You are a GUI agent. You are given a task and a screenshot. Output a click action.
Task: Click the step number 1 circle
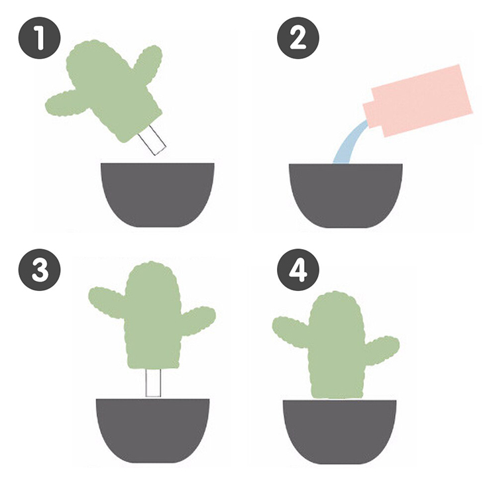(x=39, y=38)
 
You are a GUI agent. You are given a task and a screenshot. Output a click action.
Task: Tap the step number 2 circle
(x=298, y=38)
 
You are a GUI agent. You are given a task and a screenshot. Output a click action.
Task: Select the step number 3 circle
(x=39, y=270)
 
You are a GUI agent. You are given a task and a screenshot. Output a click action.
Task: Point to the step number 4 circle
(x=298, y=270)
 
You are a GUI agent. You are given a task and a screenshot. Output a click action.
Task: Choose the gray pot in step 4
(x=339, y=431)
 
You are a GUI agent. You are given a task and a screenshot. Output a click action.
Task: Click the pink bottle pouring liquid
(x=418, y=101)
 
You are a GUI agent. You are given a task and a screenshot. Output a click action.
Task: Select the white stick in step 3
(x=153, y=382)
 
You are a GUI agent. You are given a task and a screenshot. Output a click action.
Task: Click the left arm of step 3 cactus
(x=107, y=301)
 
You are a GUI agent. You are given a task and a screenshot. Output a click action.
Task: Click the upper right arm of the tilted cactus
(x=148, y=64)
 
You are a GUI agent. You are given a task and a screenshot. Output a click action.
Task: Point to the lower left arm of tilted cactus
(x=66, y=103)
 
